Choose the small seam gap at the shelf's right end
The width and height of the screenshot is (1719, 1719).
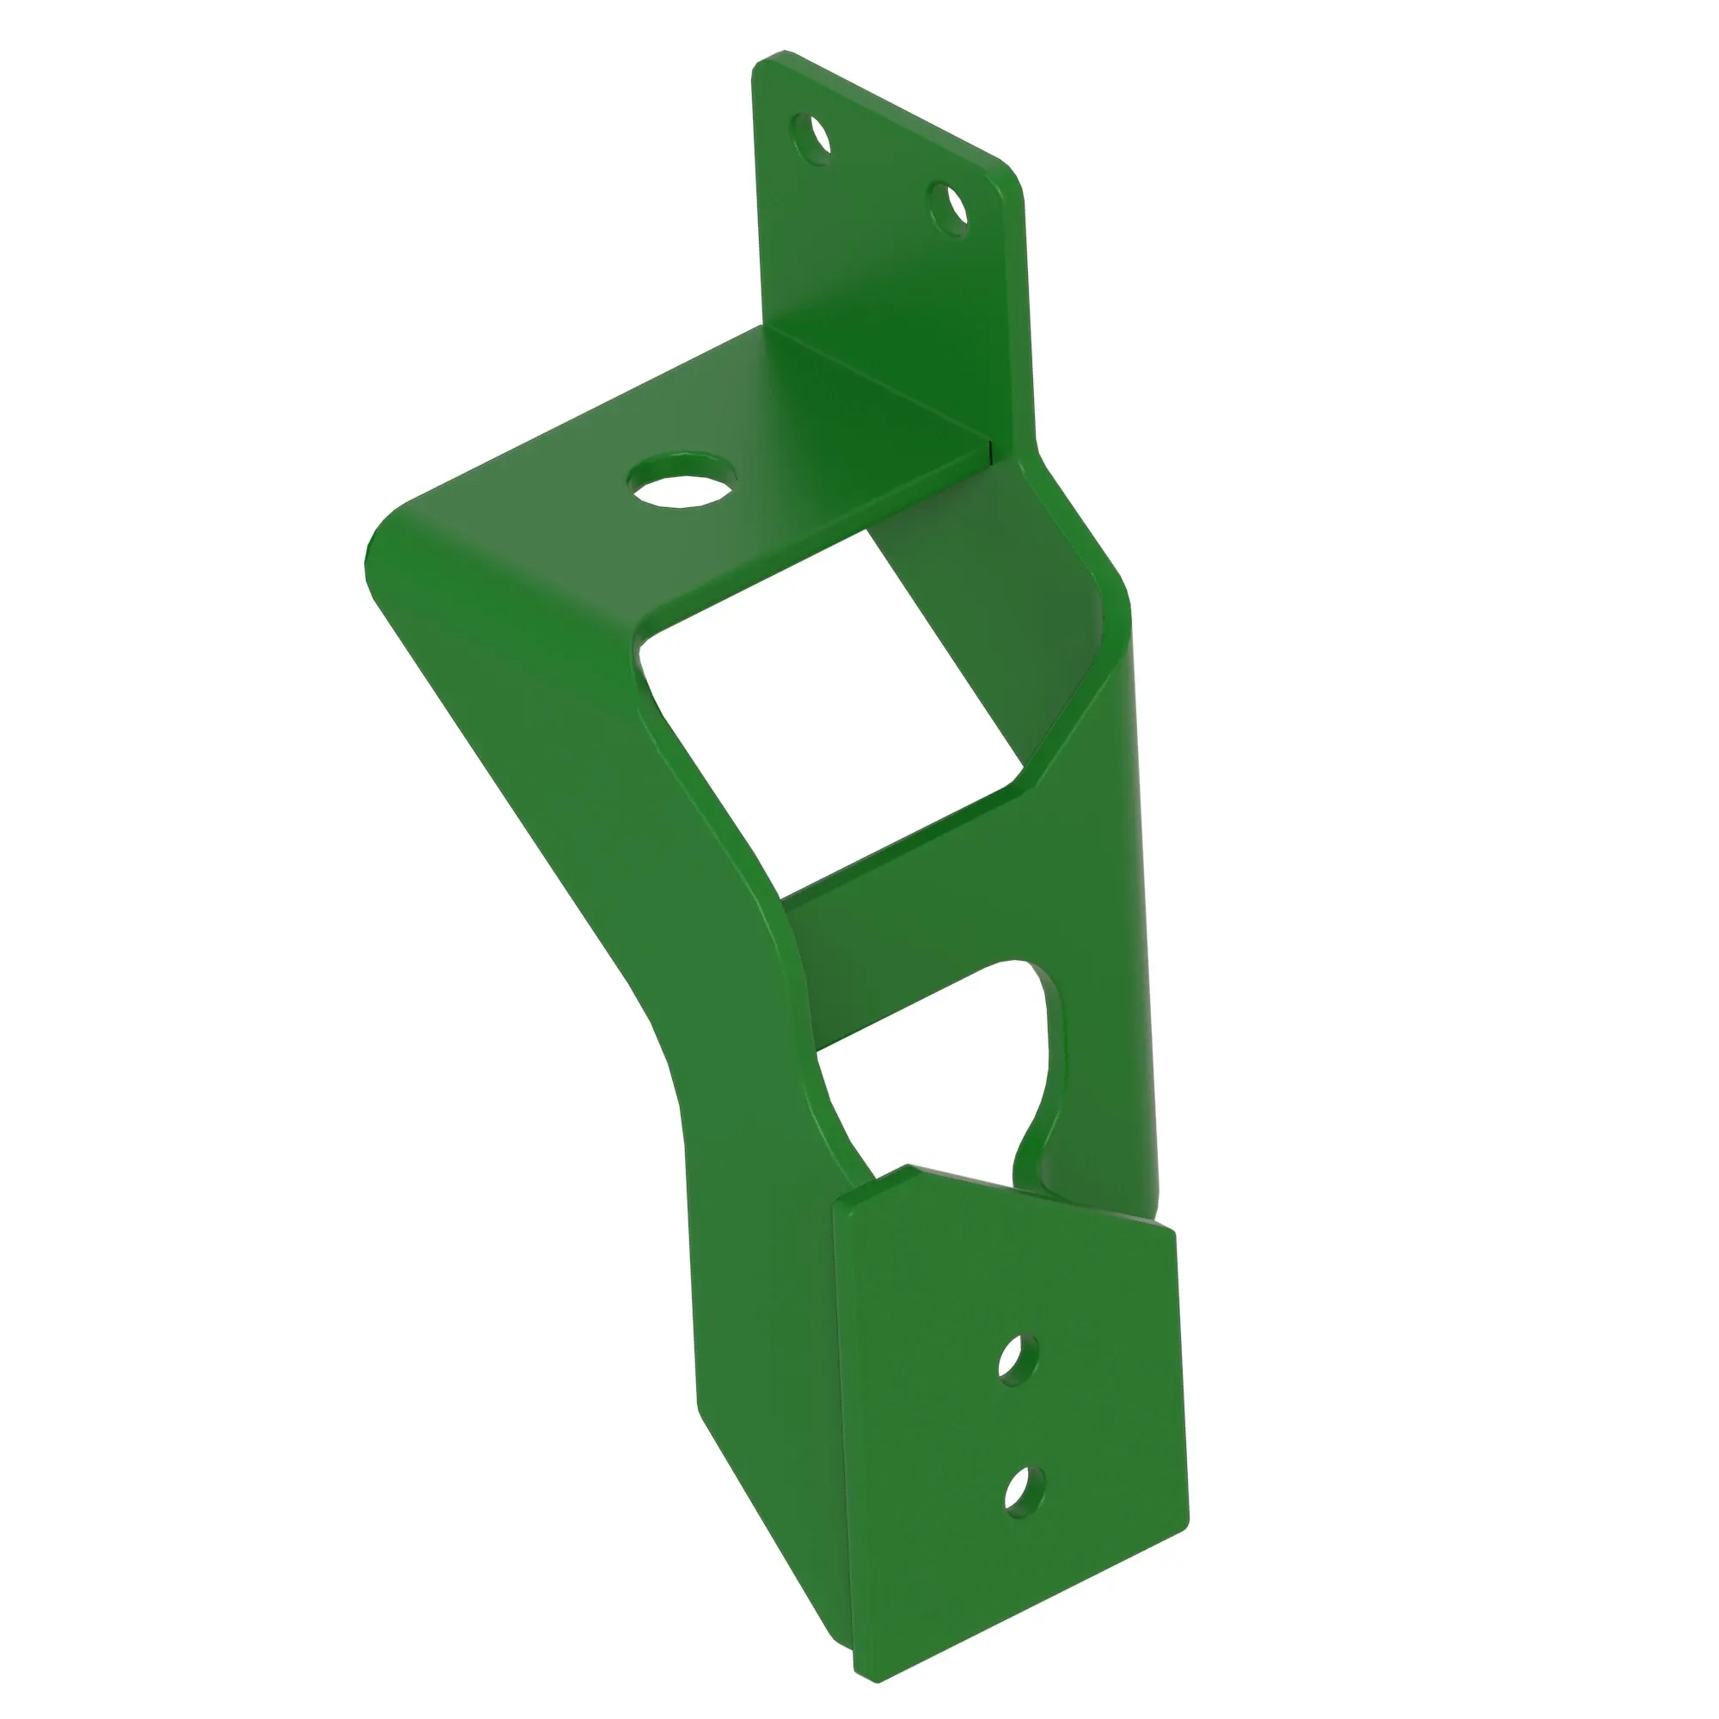(x=990, y=450)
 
